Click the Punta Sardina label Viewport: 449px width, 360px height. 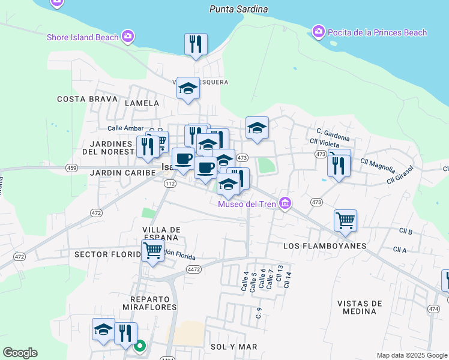[238, 9]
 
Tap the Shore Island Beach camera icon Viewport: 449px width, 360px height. [127, 37]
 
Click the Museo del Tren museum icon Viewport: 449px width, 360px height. [285, 204]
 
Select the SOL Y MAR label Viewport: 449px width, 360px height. [234, 347]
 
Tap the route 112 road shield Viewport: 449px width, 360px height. [170, 184]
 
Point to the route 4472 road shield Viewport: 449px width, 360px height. [193, 270]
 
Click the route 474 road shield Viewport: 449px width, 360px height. [433, 308]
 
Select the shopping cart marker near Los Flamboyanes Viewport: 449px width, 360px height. [345, 220]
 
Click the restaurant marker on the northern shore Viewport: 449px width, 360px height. [196, 44]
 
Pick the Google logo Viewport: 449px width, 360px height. [20, 353]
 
